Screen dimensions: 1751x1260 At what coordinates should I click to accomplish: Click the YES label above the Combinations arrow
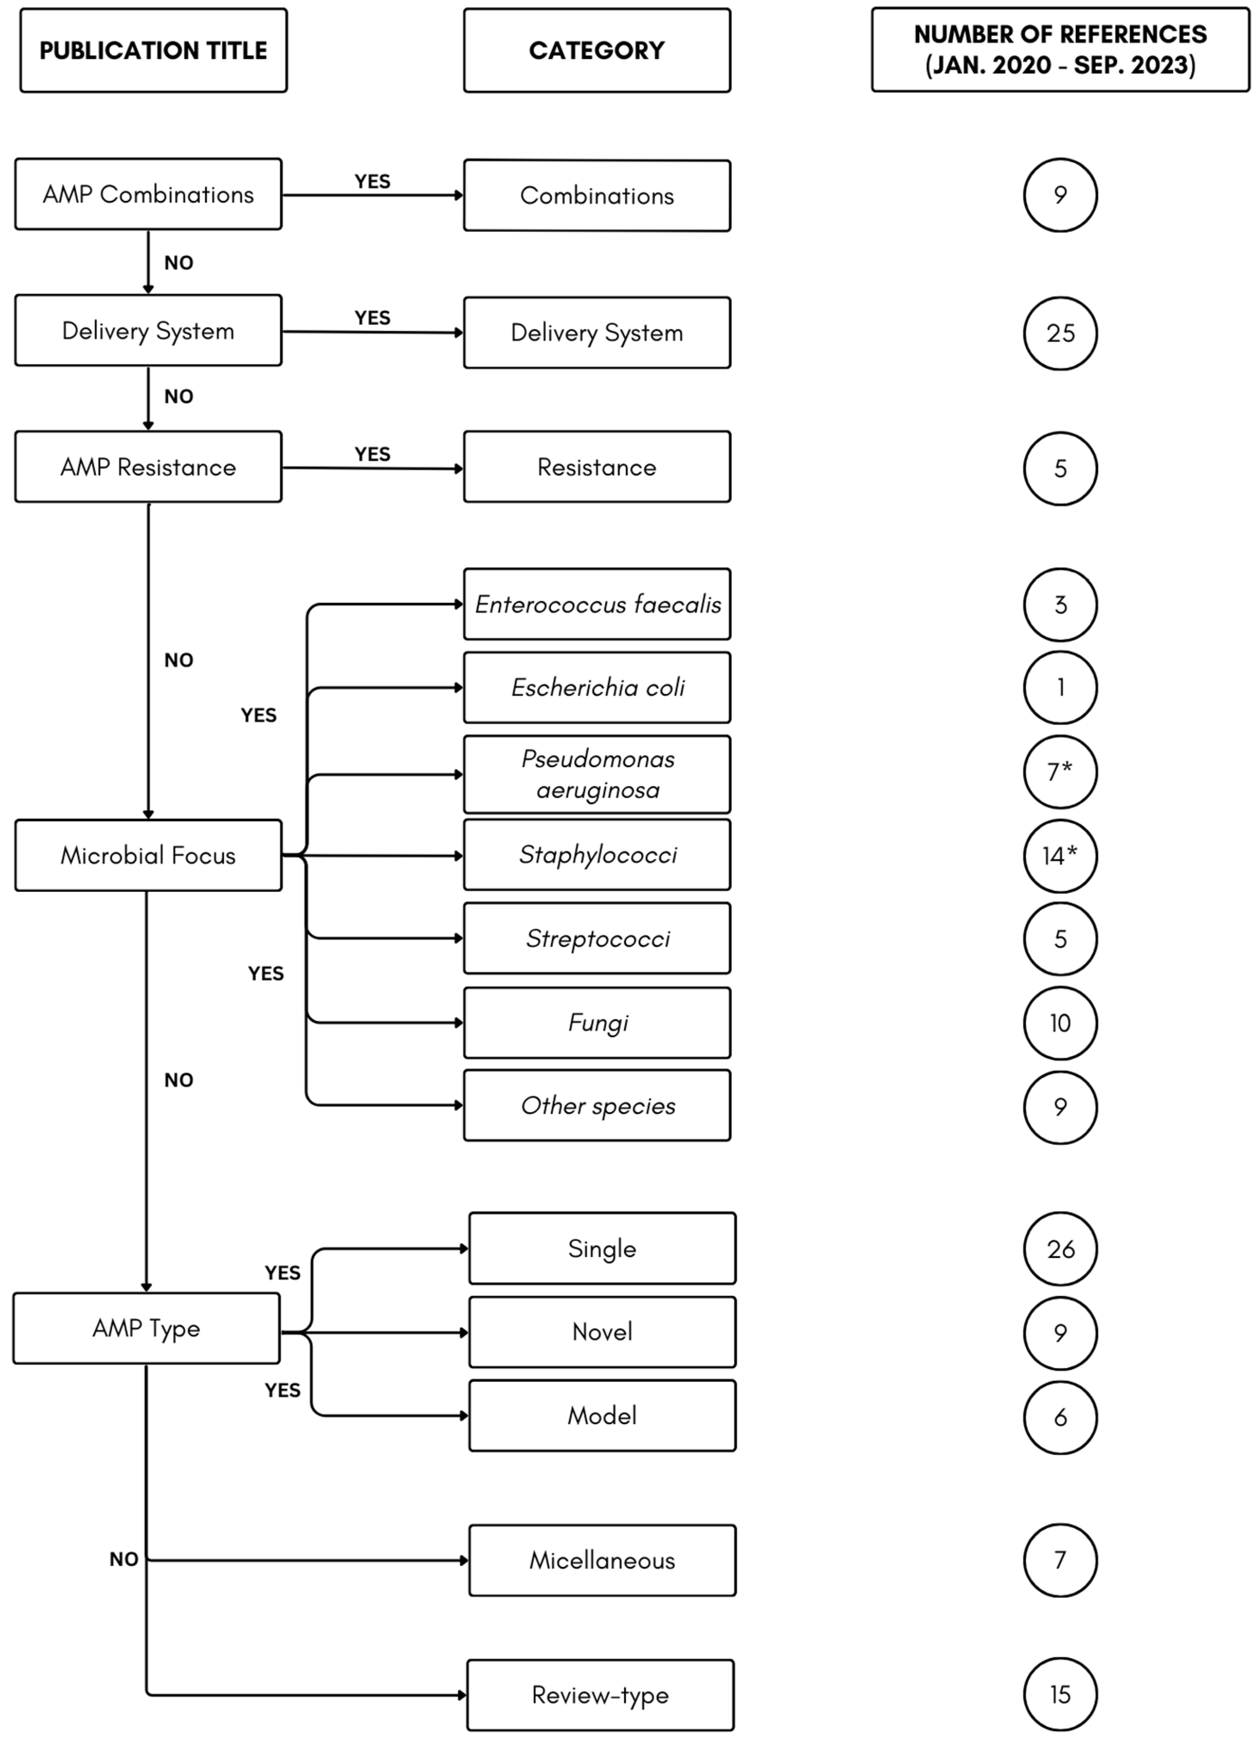click(x=372, y=182)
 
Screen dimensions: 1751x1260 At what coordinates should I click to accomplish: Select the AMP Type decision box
click(x=146, y=1328)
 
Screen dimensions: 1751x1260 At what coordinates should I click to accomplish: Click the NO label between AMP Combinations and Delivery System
click(x=179, y=262)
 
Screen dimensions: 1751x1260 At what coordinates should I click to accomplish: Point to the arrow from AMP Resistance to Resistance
click(x=372, y=468)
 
